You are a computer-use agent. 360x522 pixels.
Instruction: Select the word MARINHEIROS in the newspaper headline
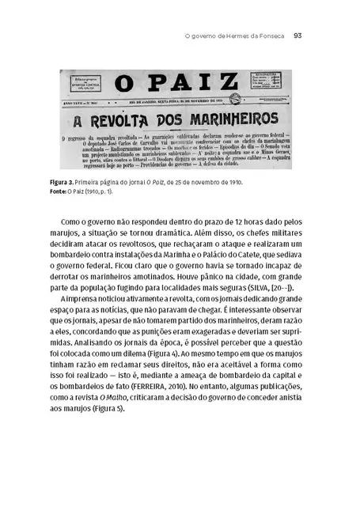[x=226, y=123]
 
